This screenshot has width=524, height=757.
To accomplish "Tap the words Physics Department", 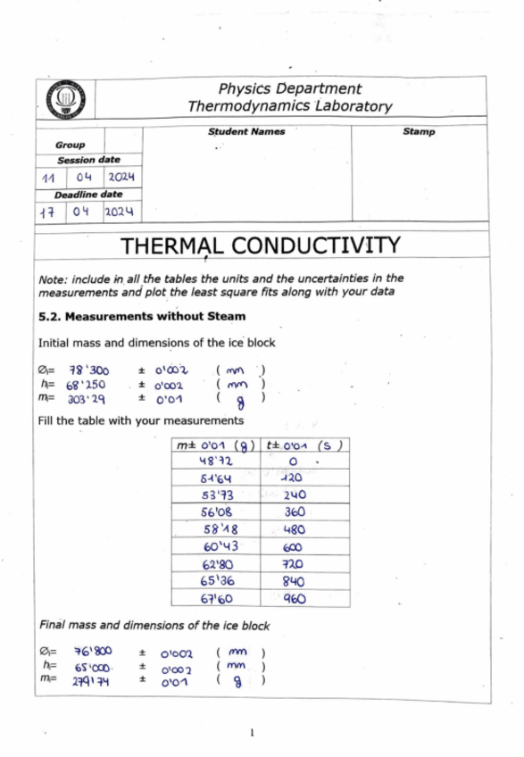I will pyautogui.click(x=290, y=88).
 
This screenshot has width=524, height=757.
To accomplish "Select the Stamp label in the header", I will pyautogui.click(x=419, y=132).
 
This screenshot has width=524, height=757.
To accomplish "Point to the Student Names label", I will pyautogui.click(x=246, y=132).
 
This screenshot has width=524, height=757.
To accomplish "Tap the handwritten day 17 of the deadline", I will pyautogui.click(x=49, y=212).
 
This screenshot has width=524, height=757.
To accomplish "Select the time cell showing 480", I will pyautogui.click(x=294, y=528).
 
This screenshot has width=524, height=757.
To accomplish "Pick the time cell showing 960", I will pyautogui.click(x=294, y=599).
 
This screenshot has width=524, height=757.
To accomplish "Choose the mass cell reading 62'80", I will pyautogui.click(x=215, y=564).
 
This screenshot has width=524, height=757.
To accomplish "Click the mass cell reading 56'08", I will pyautogui.click(x=215, y=512).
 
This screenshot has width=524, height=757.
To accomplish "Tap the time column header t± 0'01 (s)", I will pyautogui.click(x=304, y=445).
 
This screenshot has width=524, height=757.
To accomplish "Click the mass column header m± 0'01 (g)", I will pyautogui.click(x=215, y=445).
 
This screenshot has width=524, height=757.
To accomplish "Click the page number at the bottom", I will pyautogui.click(x=253, y=734).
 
